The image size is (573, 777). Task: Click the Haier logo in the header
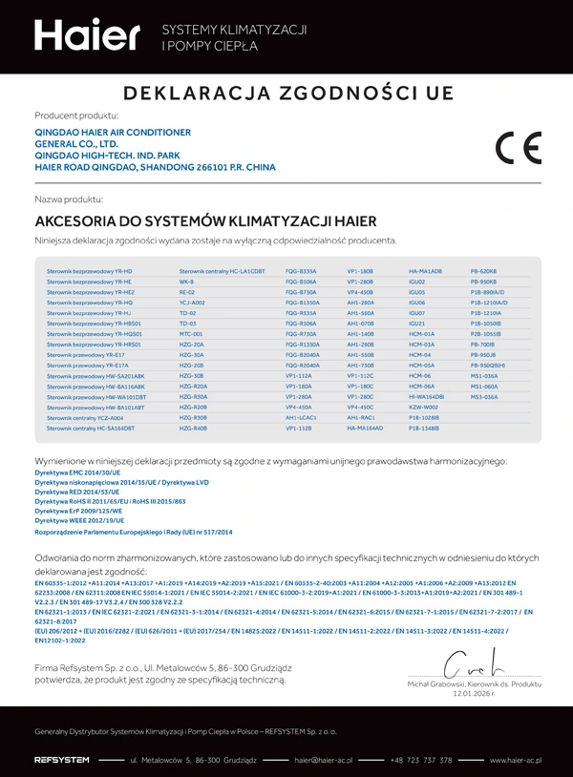coord(87,35)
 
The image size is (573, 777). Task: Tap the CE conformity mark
coord(518,149)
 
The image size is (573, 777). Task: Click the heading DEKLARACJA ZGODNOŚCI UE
coord(286,94)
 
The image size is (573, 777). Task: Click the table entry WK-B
coord(186,283)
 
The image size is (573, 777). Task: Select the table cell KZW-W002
coord(424,408)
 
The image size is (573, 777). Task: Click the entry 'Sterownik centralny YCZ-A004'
coord(85,418)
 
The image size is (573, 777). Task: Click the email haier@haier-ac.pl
coord(324,760)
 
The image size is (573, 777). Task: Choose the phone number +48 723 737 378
coord(421,760)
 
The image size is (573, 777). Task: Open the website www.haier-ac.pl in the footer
coord(514,760)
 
